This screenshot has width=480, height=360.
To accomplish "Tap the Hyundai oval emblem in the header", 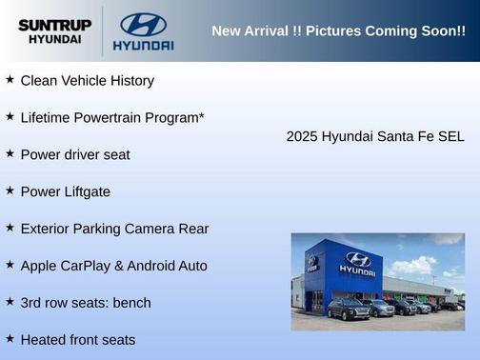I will [143, 24].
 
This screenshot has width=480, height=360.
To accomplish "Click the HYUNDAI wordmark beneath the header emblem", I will [143, 45].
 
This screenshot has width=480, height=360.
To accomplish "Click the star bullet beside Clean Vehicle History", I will [10, 79].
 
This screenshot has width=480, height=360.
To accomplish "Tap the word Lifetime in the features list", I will [48, 117].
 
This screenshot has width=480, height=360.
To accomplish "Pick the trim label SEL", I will [450, 136].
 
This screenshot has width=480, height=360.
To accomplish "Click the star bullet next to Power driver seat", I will [10, 152].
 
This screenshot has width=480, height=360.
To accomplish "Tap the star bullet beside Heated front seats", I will [10, 338].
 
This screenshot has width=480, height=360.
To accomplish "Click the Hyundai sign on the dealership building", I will [357, 263].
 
